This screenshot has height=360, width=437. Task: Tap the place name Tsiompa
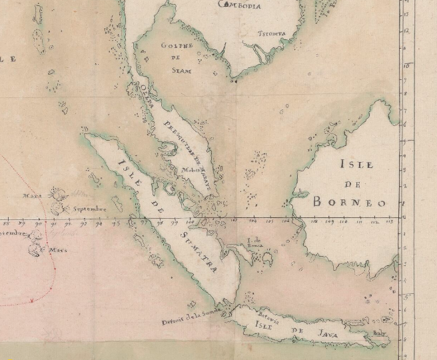[x=272, y=33]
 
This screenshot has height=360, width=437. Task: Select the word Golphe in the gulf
[x=177, y=46]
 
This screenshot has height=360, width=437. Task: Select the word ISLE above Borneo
[x=356, y=164]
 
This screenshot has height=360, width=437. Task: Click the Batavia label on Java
[x=265, y=314]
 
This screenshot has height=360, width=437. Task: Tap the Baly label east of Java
[x=380, y=337]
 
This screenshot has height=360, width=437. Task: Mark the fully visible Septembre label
[x=90, y=209]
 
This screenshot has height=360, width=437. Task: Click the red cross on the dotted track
[x=31, y=301]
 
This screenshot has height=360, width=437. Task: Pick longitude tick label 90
[x=45, y=223]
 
